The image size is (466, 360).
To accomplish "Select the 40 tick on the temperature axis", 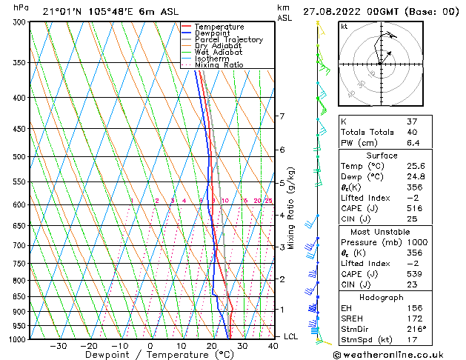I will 273,345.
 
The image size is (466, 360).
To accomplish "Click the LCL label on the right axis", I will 293,336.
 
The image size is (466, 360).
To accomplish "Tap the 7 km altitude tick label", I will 282,116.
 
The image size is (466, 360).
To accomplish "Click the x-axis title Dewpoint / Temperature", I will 149,355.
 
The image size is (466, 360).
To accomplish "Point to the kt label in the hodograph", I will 344,26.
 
